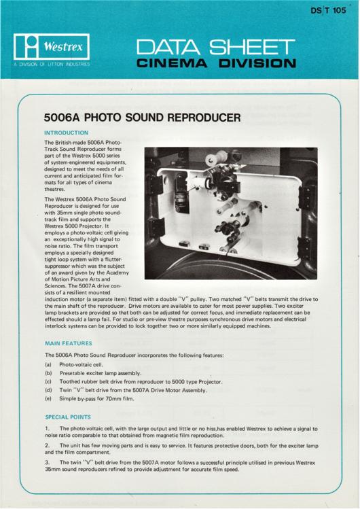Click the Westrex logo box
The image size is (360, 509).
[50, 48]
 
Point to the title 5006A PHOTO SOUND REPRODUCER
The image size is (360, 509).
[142, 118]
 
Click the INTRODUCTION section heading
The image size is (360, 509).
[71, 133]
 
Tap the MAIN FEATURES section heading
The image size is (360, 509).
[73, 344]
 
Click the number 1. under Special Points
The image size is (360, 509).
[46, 429]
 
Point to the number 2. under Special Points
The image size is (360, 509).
[46, 446]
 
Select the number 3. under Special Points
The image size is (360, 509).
[46, 464]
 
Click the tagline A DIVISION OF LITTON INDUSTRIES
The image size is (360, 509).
[51, 65]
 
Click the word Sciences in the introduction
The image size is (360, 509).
[57, 284]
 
